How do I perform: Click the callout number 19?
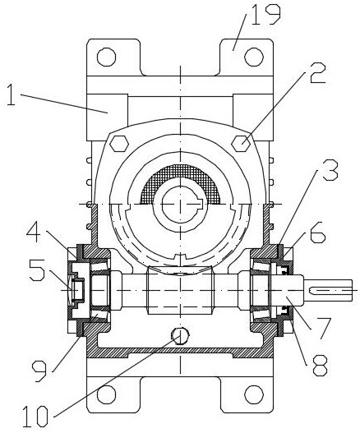pyautogui.click(x=265, y=14)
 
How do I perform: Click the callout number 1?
pyautogui.click(x=11, y=94)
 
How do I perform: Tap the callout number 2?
pyautogui.click(x=317, y=73)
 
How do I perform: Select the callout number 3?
pyautogui.click(x=330, y=169)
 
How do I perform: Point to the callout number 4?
pyautogui.click(x=35, y=232)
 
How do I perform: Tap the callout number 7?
pyautogui.click(x=322, y=328)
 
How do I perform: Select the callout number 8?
pyautogui.click(x=320, y=365)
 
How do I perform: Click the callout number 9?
pyautogui.click(x=40, y=372)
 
